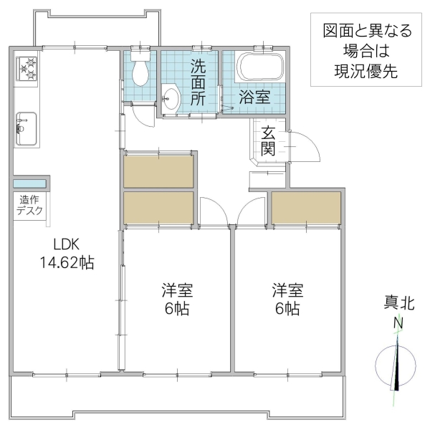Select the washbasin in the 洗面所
coord(171,98)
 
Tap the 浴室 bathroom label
coord(254,97)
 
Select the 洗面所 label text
coord(198,82)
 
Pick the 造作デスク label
coord(31,205)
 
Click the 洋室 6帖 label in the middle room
coord(176,300)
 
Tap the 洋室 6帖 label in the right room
coord(287,300)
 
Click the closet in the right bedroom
coord(306,209)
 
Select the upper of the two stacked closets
coord(158,171)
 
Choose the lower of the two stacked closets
coord(158,209)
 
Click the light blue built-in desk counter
coord(30,182)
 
